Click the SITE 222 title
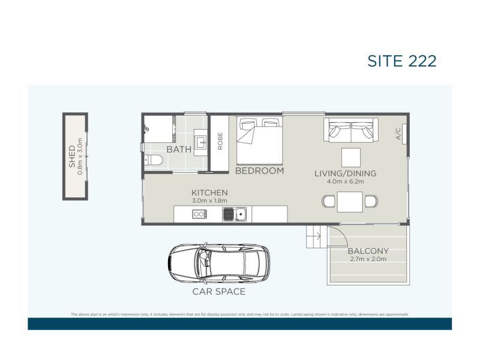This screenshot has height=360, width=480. click(x=401, y=61)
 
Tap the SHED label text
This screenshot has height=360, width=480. click(x=71, y=156)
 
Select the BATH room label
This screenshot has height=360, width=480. click(x=179, y=149)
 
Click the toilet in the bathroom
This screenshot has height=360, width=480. click(x=154, y=160)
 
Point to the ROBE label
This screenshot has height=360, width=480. click(x=220, y=141)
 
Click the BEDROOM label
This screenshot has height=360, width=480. click(x=259, y=171)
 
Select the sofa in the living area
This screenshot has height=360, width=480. click(x=351, y=129)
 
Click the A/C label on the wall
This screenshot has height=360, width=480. click(x=398, y=136)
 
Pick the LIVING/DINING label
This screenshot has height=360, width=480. click(x=346, y=173)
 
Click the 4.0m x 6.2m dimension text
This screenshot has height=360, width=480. click(x=346, y=182)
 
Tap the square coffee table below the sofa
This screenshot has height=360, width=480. click(x=351, y=157)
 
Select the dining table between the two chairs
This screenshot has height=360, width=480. click(x=350, y=201)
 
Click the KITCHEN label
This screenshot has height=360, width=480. click(x=209, y=192)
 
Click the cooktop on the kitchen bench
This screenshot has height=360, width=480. click(x=199, y=214)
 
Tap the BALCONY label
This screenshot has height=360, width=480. click(x=368, y=251)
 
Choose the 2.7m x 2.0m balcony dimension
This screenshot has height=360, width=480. click(x=368, y=259)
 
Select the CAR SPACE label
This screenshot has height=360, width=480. click(x=218, y=292)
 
